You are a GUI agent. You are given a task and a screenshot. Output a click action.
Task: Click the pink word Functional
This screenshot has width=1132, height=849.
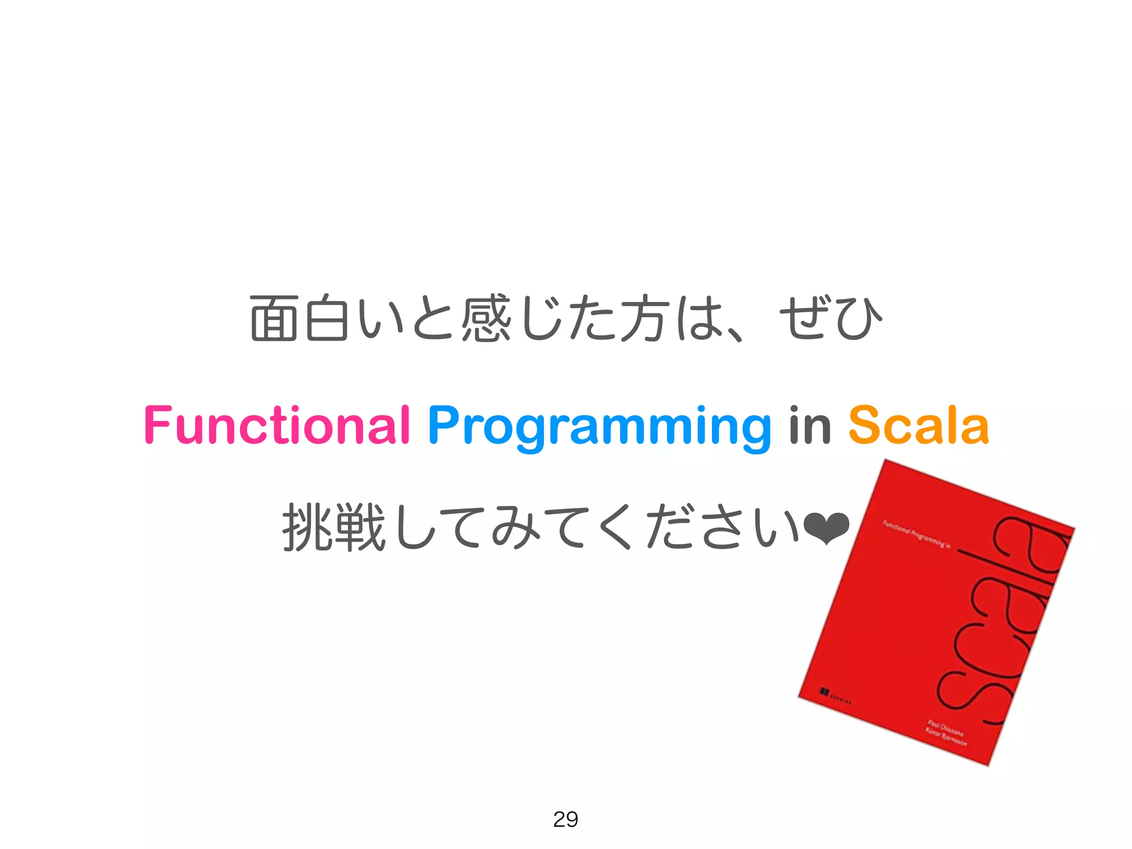click(x=276, y=425)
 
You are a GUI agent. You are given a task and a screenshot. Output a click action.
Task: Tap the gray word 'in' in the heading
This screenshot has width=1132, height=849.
click(x=810, y=425)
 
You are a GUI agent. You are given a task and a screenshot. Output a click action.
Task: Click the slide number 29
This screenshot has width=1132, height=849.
click(x=565, y=819)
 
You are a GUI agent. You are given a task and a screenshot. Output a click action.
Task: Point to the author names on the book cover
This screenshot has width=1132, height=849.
click(x=946, y=733)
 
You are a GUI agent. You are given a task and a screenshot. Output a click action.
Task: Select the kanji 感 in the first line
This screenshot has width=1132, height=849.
click(x=485, y=319)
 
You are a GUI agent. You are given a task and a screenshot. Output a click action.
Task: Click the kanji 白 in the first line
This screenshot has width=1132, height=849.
click(x=327, y=319)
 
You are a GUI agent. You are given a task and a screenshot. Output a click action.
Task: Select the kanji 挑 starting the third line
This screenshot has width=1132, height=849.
click(x=307, y=528)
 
